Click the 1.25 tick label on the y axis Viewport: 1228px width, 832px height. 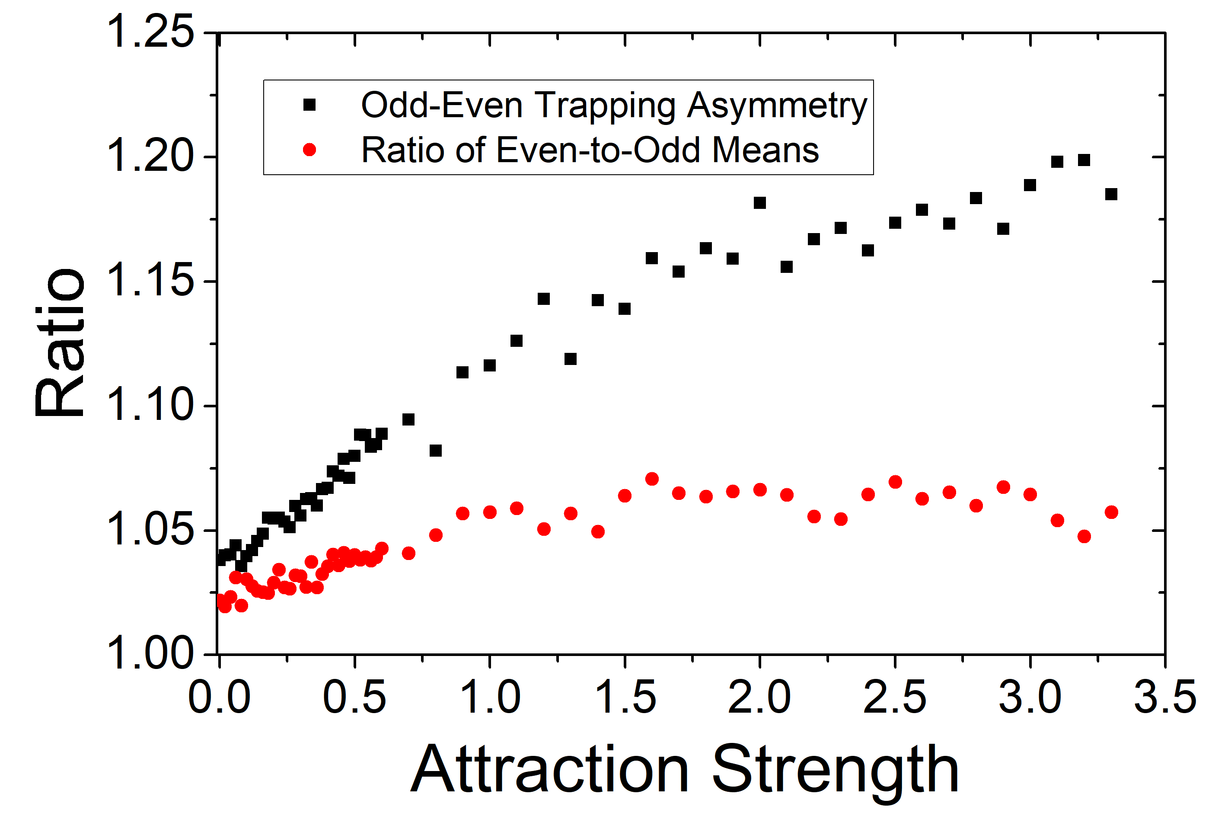pyautogui.click(x=150, y=33)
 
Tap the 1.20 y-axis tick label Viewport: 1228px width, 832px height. pyautogui.click(x=150, y=157)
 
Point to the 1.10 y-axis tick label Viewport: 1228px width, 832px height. pyautogui.click(x=150, y=406)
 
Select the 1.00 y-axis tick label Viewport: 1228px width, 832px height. pyautogui.click(x=150, y=654)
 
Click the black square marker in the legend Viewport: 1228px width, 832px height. pyautogui.click(x=309, y=105)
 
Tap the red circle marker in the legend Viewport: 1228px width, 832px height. pyautogui.click(x=309, y=150)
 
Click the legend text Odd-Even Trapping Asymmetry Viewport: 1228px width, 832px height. pyautogui.click(x=614, y=105)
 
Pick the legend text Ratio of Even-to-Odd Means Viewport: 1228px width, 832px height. pyautogui.click(x=590, y=150)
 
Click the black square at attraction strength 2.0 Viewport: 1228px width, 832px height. pyautogui.click(x=760, y=203)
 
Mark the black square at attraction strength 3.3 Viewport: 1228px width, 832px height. pyautogui.click(x=1111, y=195)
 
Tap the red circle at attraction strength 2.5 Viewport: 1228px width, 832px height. pyautogui.click(x=895, y=482)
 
